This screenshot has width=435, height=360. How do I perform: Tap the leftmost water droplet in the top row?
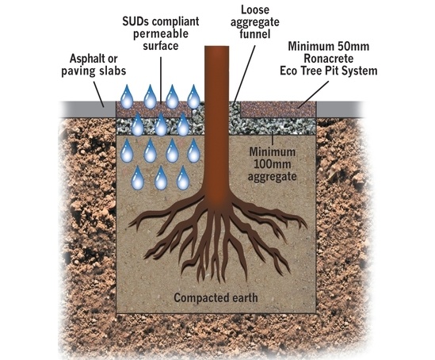click(x=126, y=97)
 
